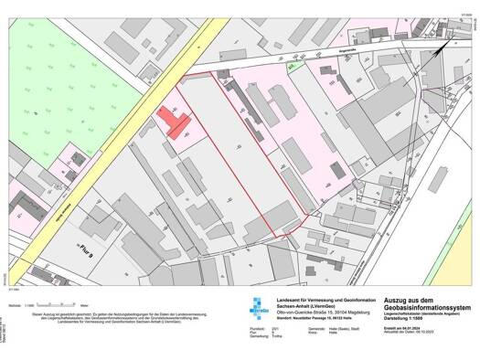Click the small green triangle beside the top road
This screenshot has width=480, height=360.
tap(292, 67)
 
